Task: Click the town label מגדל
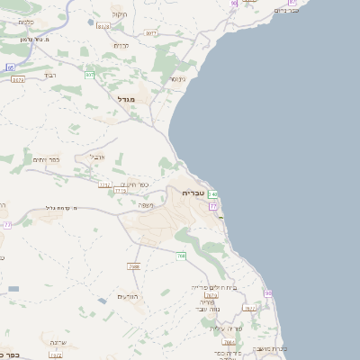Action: [124, 98]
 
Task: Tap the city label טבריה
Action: [193, 193]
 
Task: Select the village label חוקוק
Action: [119, 14]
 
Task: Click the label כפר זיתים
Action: [47, 160]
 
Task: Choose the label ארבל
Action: [97, 156]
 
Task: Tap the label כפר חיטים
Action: [135, 184]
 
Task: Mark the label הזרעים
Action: [127, 297]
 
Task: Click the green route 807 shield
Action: [90, 74]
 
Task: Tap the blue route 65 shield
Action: [10, 67]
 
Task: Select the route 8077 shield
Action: [18, 80]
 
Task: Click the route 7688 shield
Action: [134, 266]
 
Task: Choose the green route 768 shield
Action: [181, 256]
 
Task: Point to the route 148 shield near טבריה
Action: [212, 194]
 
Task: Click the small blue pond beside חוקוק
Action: [91, 22]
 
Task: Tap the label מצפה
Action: [146, 205]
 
